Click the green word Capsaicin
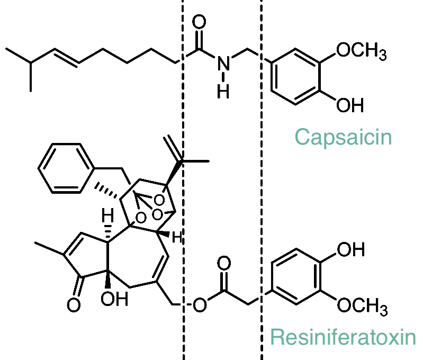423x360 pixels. click(343, 137)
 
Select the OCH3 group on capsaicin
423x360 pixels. click(362, 51)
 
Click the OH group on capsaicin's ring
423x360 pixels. click(350, 105)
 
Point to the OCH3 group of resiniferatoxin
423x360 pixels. click(362, 305)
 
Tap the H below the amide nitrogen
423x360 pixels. click(224, 91)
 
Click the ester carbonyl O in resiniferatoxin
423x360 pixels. click(224, 264)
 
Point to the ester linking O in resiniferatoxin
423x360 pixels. click(200, 306)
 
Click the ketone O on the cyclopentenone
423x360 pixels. click(74, 305)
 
